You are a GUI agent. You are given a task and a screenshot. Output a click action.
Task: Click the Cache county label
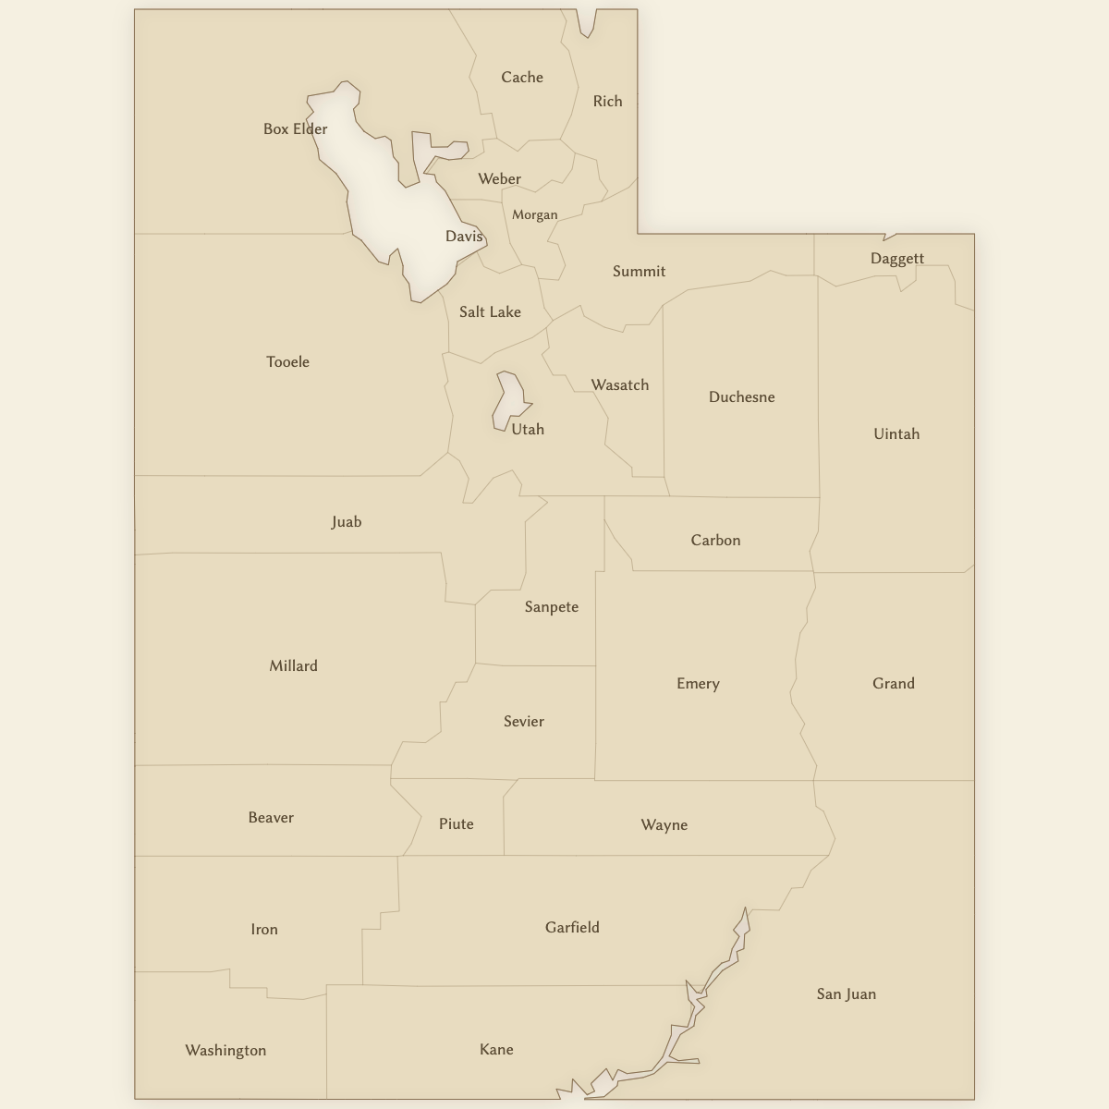click(x=522, y=78)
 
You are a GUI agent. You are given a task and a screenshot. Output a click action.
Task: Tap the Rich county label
click(x=607, y=102)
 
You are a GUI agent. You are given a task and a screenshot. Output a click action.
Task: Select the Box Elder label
click(x=295, y=129)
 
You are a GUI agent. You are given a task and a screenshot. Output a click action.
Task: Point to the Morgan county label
click(x=535, y=215)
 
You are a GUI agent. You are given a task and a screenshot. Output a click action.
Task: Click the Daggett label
click(x=896, y=259)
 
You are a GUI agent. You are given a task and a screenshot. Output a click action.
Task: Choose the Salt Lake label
click(x=490, y=312)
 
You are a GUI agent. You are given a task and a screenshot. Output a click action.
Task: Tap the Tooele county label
click(x=287, y=362)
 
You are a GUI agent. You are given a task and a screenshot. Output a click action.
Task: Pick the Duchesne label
click(x=741, y=397)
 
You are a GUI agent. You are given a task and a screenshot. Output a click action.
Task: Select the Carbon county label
click(x=715, y=541)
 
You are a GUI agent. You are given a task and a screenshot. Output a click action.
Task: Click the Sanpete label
click(x=551, y=607)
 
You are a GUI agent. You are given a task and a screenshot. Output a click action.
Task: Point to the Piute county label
click(x=456, y=824)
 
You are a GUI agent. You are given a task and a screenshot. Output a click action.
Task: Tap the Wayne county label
click(x=664, y=825)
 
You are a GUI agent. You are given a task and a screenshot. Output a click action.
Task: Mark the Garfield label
click(x=572, y=928)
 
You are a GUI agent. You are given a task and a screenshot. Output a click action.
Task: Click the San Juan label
click(x=846, y=994)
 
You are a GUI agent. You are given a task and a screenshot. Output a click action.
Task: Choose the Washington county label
click(x=225, y=1051)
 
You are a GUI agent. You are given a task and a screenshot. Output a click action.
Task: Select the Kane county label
click(x=496, y=1050)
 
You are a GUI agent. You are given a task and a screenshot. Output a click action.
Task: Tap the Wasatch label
click(x=619, y=385)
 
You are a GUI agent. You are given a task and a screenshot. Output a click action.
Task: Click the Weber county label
click(x=499, y=179)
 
